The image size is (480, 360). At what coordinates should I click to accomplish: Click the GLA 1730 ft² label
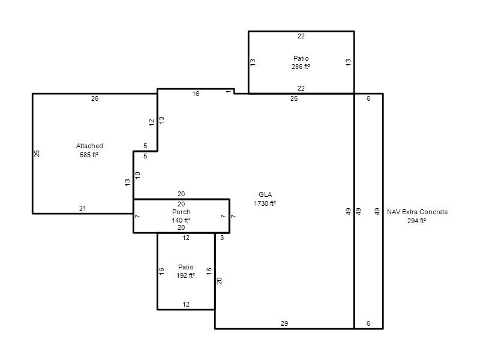pos(265,199)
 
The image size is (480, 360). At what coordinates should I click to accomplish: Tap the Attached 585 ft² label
pos(89,151)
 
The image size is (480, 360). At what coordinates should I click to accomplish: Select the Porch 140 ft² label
pos(181,216)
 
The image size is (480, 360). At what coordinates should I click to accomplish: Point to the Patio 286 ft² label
pos(301,62)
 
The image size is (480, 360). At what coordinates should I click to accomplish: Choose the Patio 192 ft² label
pos(186,271)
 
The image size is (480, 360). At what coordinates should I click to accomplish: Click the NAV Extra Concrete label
pos(417,212)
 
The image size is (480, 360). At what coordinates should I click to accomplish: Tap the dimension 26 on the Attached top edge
pos(95,98)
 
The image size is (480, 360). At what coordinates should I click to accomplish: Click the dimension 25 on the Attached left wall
pos(37,154)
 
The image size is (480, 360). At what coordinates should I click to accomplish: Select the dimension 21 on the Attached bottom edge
pos(83,208)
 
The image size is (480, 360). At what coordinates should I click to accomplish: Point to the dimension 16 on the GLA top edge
pos(196,94)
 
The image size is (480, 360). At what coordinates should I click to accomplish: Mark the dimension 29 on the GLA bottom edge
pos(284,323)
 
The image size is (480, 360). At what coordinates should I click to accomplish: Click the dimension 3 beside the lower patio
pos(222,238)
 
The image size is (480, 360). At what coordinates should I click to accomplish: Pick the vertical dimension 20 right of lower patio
pos(219,281)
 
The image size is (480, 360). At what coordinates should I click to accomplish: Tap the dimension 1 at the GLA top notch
pos(229,92)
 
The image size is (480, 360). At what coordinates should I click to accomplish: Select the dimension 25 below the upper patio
pos(294,98)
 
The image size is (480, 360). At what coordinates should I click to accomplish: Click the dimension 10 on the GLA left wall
pos(138,175)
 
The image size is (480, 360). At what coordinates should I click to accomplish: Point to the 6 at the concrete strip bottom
pos(368,323)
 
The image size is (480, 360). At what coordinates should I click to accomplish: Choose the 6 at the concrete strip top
pos(368,98)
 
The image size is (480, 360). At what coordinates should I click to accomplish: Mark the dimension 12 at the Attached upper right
pos(152,122)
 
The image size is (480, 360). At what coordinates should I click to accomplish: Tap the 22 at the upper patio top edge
pos(301,37)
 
